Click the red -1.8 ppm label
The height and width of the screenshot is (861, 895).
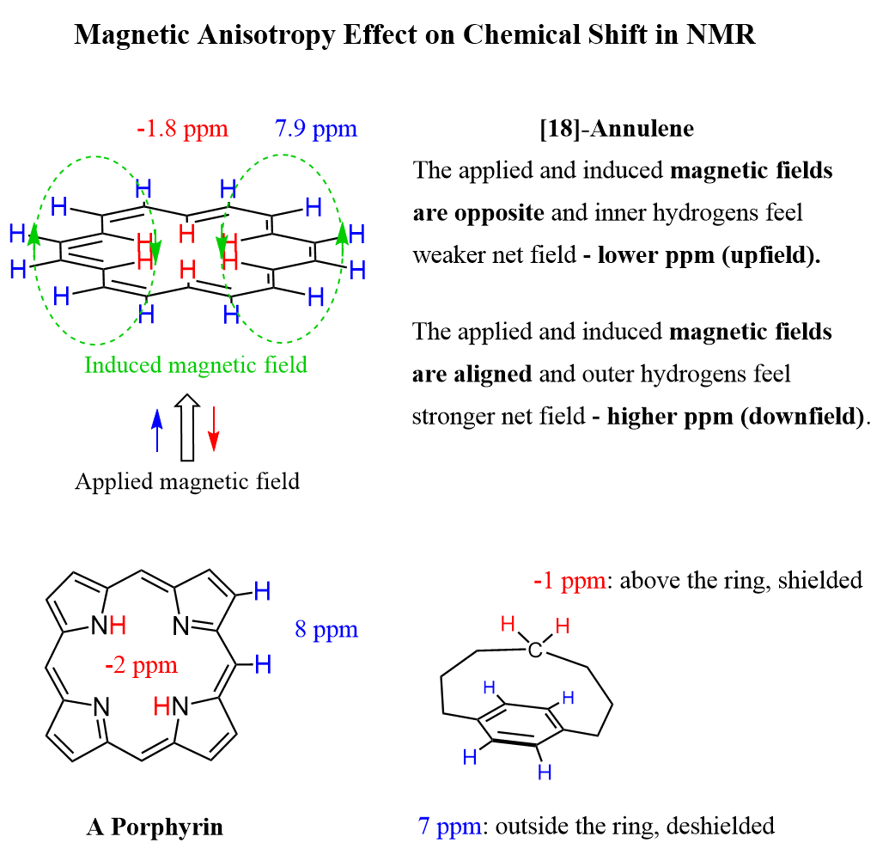182,130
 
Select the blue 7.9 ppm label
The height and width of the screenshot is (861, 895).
315,130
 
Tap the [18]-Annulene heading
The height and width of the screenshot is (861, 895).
617,130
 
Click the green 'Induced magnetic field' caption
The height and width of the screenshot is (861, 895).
196,365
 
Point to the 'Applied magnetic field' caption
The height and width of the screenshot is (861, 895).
187,481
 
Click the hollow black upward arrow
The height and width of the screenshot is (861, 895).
186,427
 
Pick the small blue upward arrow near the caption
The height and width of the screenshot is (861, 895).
156,430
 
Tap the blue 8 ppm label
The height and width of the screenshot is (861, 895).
326,630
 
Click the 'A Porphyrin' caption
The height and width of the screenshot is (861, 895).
155,827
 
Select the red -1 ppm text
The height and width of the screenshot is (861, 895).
569,581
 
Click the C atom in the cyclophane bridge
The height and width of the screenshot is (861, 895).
535,650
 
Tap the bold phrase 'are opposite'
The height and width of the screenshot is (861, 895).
478,212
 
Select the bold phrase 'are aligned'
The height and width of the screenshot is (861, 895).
472,375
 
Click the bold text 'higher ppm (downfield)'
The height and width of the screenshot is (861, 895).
735,417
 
